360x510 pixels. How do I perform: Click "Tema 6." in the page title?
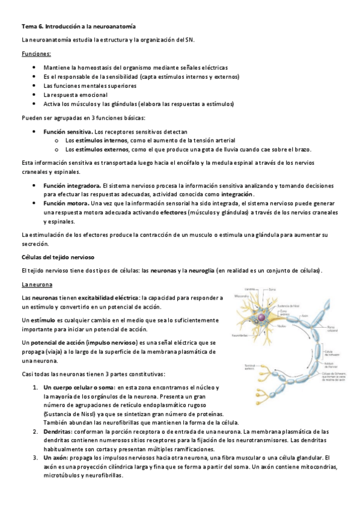(29, 26)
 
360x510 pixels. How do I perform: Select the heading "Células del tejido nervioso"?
(58, 257)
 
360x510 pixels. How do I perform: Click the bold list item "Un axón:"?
(56, 458)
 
